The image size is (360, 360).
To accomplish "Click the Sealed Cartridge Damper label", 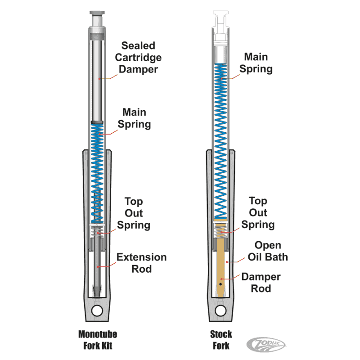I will [138, 57].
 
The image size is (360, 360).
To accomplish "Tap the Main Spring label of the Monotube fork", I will [135, 118].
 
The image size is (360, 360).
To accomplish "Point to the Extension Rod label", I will [141, 263].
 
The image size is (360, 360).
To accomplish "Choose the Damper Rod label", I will [261, 282].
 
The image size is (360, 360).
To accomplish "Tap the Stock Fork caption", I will [221, 340].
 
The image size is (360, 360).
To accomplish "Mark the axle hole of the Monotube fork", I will [97, 310].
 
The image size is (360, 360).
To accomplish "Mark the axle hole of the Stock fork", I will [220, 310].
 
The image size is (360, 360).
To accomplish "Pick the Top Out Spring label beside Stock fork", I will [258, 212].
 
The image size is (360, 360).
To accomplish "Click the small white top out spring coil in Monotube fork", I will [97, 233].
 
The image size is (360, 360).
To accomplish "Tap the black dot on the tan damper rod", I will [220, 284].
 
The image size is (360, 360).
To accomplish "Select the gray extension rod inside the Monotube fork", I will [97, 265].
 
